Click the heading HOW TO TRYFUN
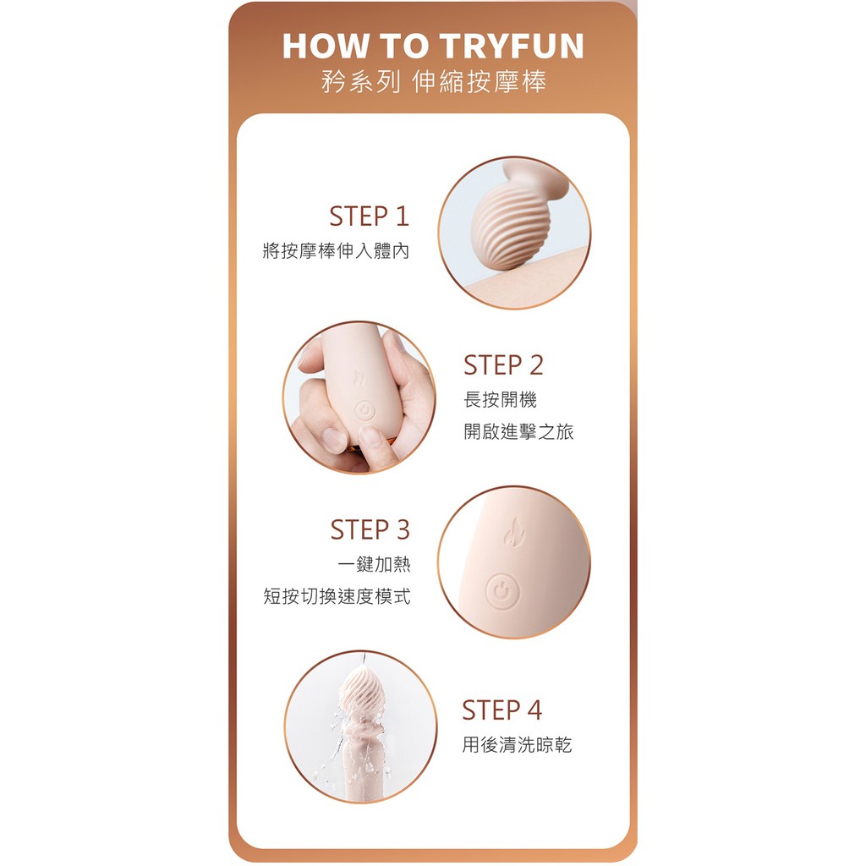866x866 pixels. pos(432,47)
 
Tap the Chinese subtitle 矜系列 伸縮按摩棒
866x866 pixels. pos(433,82)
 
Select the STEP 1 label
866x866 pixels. pos(369,216)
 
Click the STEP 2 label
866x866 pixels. pos(503,365)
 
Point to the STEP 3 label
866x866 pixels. pos(370,530)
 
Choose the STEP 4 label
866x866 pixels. pos(502,710)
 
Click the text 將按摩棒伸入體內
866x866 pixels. pos(337,252)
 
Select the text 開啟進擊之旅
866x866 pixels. pos(518,432)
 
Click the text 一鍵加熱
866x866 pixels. pos(375,565)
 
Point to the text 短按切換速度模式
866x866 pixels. pos(337,597)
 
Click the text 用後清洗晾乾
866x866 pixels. pos(517,745)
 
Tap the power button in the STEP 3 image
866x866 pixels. pos(502,592)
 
